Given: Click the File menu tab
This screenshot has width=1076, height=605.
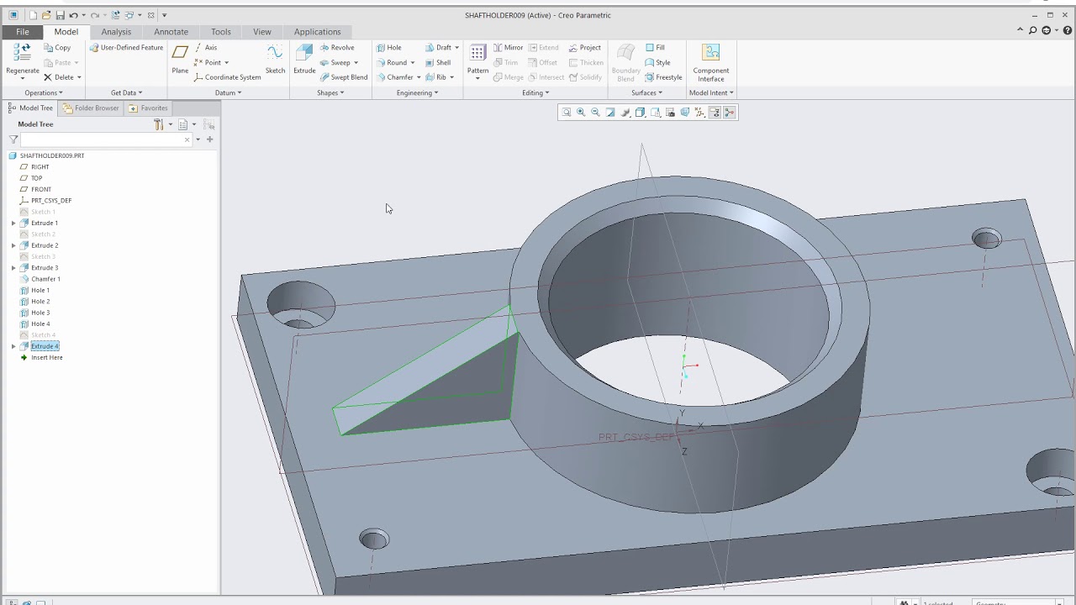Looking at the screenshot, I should pos(22,32).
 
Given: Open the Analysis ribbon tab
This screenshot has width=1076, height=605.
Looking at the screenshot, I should pos(116,32).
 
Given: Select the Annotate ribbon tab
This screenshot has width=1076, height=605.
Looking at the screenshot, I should pos(171,32).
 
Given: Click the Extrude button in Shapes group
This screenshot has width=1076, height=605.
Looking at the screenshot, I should pos(304,60).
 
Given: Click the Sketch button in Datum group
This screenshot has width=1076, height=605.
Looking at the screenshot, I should pos(275,60).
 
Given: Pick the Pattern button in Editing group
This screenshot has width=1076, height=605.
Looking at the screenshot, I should pos(477,60).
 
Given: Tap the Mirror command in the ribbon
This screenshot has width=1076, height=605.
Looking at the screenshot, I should pos(508,48).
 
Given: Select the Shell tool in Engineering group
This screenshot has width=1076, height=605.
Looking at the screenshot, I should pos(438,62).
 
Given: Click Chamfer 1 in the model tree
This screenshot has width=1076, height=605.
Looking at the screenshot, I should pos(45,279).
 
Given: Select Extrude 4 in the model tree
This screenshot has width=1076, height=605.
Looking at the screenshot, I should pos(45,346).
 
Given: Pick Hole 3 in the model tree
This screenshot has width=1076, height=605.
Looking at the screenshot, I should pos(40,313).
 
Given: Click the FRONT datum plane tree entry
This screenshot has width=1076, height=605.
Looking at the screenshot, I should pos(40,189).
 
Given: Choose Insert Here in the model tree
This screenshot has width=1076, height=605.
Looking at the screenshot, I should pos(46,358).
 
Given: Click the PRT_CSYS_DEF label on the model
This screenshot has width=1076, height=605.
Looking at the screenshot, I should pos(636,438).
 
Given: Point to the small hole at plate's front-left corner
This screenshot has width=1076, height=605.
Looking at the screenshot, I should pos(374,539).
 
